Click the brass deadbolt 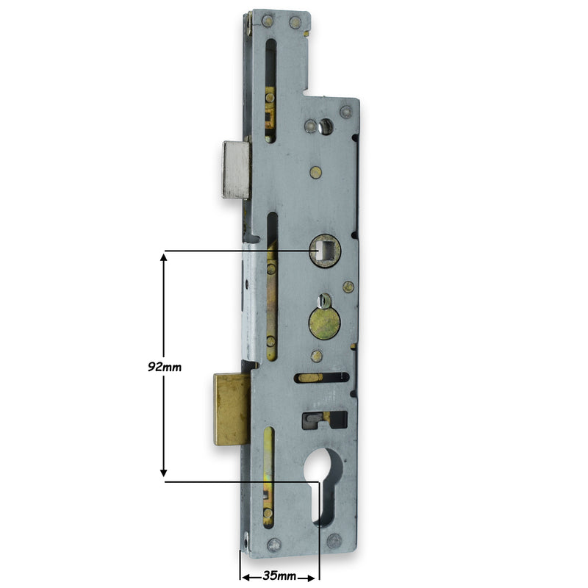tap(231, 409)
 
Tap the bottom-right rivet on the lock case tap(334, 542)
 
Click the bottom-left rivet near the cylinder tap(274, 545)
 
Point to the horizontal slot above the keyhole tap(321, 378)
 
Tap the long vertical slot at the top tap(270, 88)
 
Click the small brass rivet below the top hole tap(315, 173)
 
